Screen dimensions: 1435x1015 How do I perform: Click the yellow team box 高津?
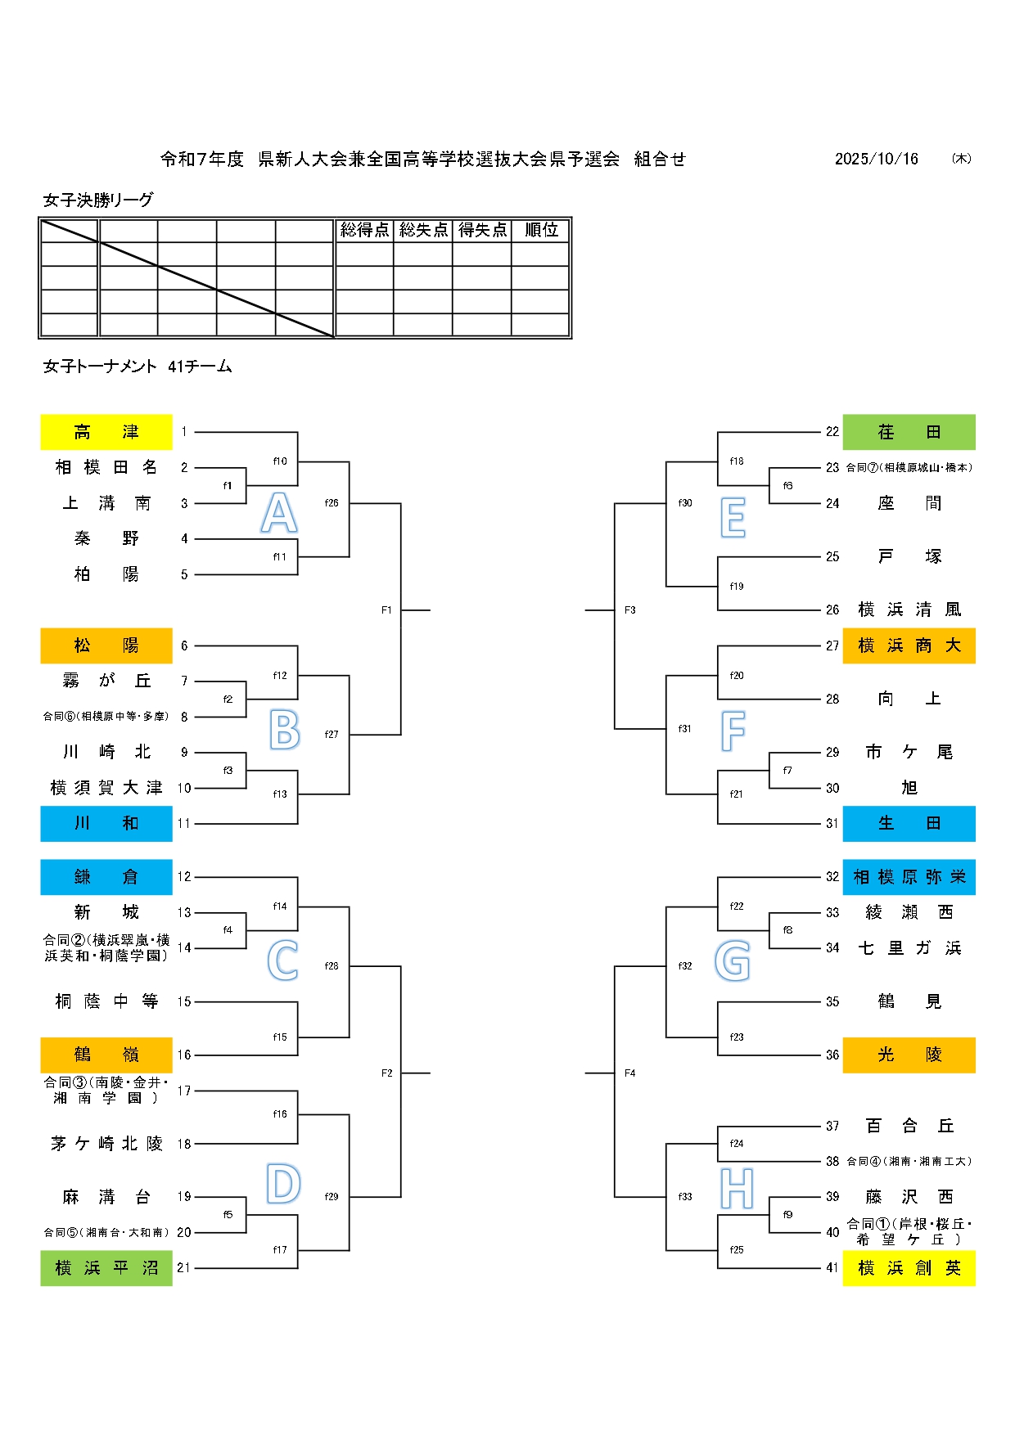tap(106, 432)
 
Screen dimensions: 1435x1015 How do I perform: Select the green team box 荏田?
tap(909, 432)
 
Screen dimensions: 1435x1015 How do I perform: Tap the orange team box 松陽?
tap(106, 646)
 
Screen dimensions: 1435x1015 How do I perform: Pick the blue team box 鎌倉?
tap(106, 877)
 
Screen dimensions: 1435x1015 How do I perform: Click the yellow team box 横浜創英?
tap(909, 1268)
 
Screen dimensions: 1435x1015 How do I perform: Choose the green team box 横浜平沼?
tap(106, 1268)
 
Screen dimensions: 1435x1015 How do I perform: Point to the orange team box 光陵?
tap(909, 1055)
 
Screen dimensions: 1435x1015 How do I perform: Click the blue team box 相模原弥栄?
tap(909, 877)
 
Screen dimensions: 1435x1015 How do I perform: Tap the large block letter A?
tap(279, 514)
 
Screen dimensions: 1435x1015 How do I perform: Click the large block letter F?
tap(733, 731)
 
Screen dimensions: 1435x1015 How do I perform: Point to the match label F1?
tap(387, 610)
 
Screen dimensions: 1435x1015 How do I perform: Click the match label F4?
tap(629, 1073)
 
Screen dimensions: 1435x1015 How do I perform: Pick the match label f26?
tap(332, 503)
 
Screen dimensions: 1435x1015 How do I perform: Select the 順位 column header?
tap(541, 230)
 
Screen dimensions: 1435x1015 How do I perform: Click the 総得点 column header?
tap(364, 230)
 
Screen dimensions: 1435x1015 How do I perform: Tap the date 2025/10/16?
tap(876, 159)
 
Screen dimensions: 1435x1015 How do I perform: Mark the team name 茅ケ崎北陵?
tap(106, 1144)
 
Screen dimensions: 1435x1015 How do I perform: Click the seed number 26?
tap(832, 610)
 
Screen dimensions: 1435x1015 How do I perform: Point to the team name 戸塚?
tap(909, 557)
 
